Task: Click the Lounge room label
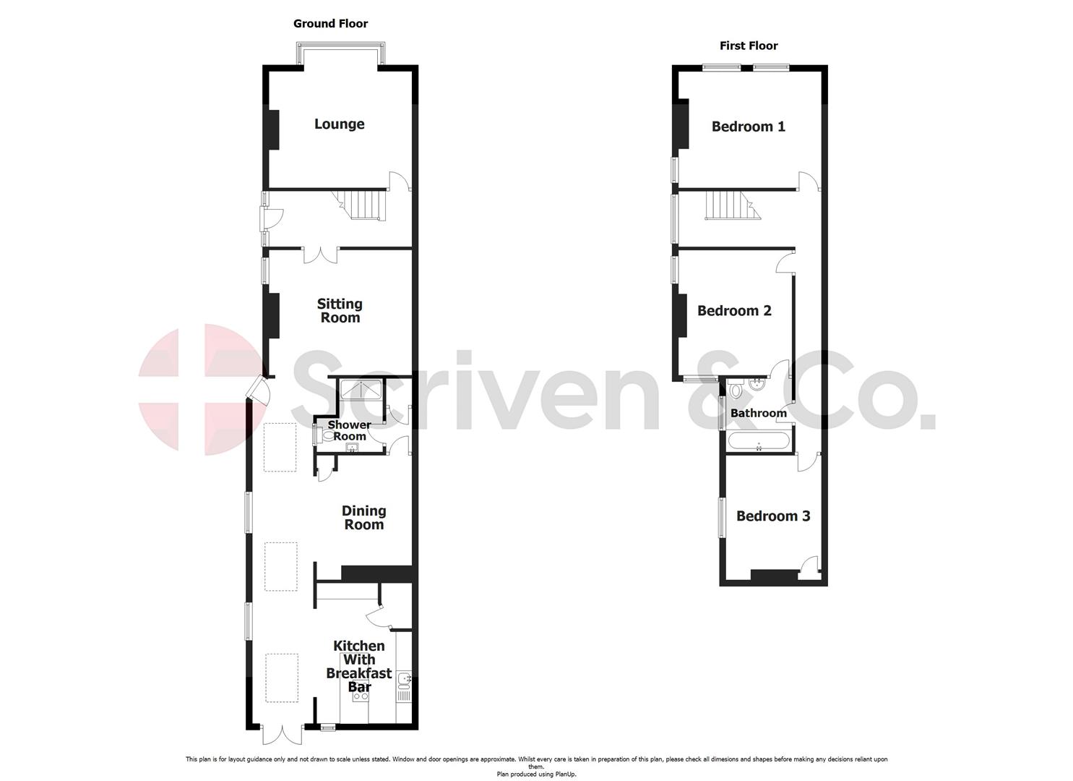click(x=339, y=124)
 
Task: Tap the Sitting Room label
click(x=340, y=311)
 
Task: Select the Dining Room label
click(x=363, y=518)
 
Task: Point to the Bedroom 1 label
click(x=748, y=127)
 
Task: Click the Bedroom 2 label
click(x=734, y=311)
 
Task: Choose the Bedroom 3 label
click(x=772, y=516)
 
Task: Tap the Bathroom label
click(x=758, y=414)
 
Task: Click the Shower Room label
click(x=349, y=430)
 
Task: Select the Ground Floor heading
click(x=330, y=24)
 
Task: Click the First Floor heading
click(x=749, y=46)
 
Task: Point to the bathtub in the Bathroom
click(x=758, y=441)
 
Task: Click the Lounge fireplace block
click(x=273, y=129)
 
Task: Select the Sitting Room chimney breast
click(x=273, y=315)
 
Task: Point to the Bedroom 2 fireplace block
click(x=681, y=315)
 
